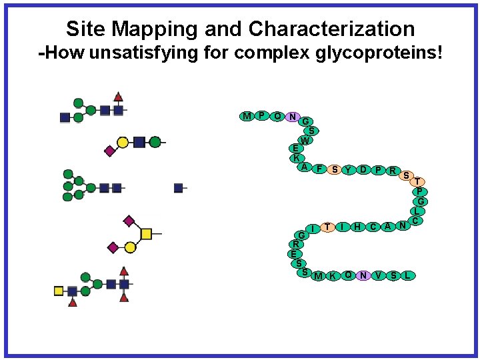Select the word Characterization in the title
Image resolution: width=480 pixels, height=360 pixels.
click(x=331, y=29)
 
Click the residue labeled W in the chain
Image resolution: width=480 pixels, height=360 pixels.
click(x=305, y=141)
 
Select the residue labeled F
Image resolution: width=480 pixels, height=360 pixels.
click(x=319, y=169)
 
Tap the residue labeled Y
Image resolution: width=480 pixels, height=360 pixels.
click(x=348, y=170)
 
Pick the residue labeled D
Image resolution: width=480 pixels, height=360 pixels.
click(x=363, y=170)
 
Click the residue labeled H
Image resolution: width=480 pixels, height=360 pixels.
click(x=358, y=227)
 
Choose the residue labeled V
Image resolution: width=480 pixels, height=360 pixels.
click(x=379, y=275)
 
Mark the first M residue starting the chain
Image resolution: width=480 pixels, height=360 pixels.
click(x=247, y=117)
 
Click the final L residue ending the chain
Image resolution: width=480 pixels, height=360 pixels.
click(x=408, y=275)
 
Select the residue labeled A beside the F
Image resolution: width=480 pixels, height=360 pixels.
click(x=304, y=167)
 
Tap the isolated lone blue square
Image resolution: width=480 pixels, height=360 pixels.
click(x=178, y=188)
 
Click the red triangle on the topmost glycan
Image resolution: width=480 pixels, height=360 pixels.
click(x=118, y=97)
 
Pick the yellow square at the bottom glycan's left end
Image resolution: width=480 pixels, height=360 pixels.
click(x=59, y=291)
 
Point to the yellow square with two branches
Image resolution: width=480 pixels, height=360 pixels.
click(x=145, y=233)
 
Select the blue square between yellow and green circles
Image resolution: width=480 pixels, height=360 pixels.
click(x=139, y=141)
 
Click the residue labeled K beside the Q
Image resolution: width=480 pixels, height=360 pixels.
click(x=332, y=275)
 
